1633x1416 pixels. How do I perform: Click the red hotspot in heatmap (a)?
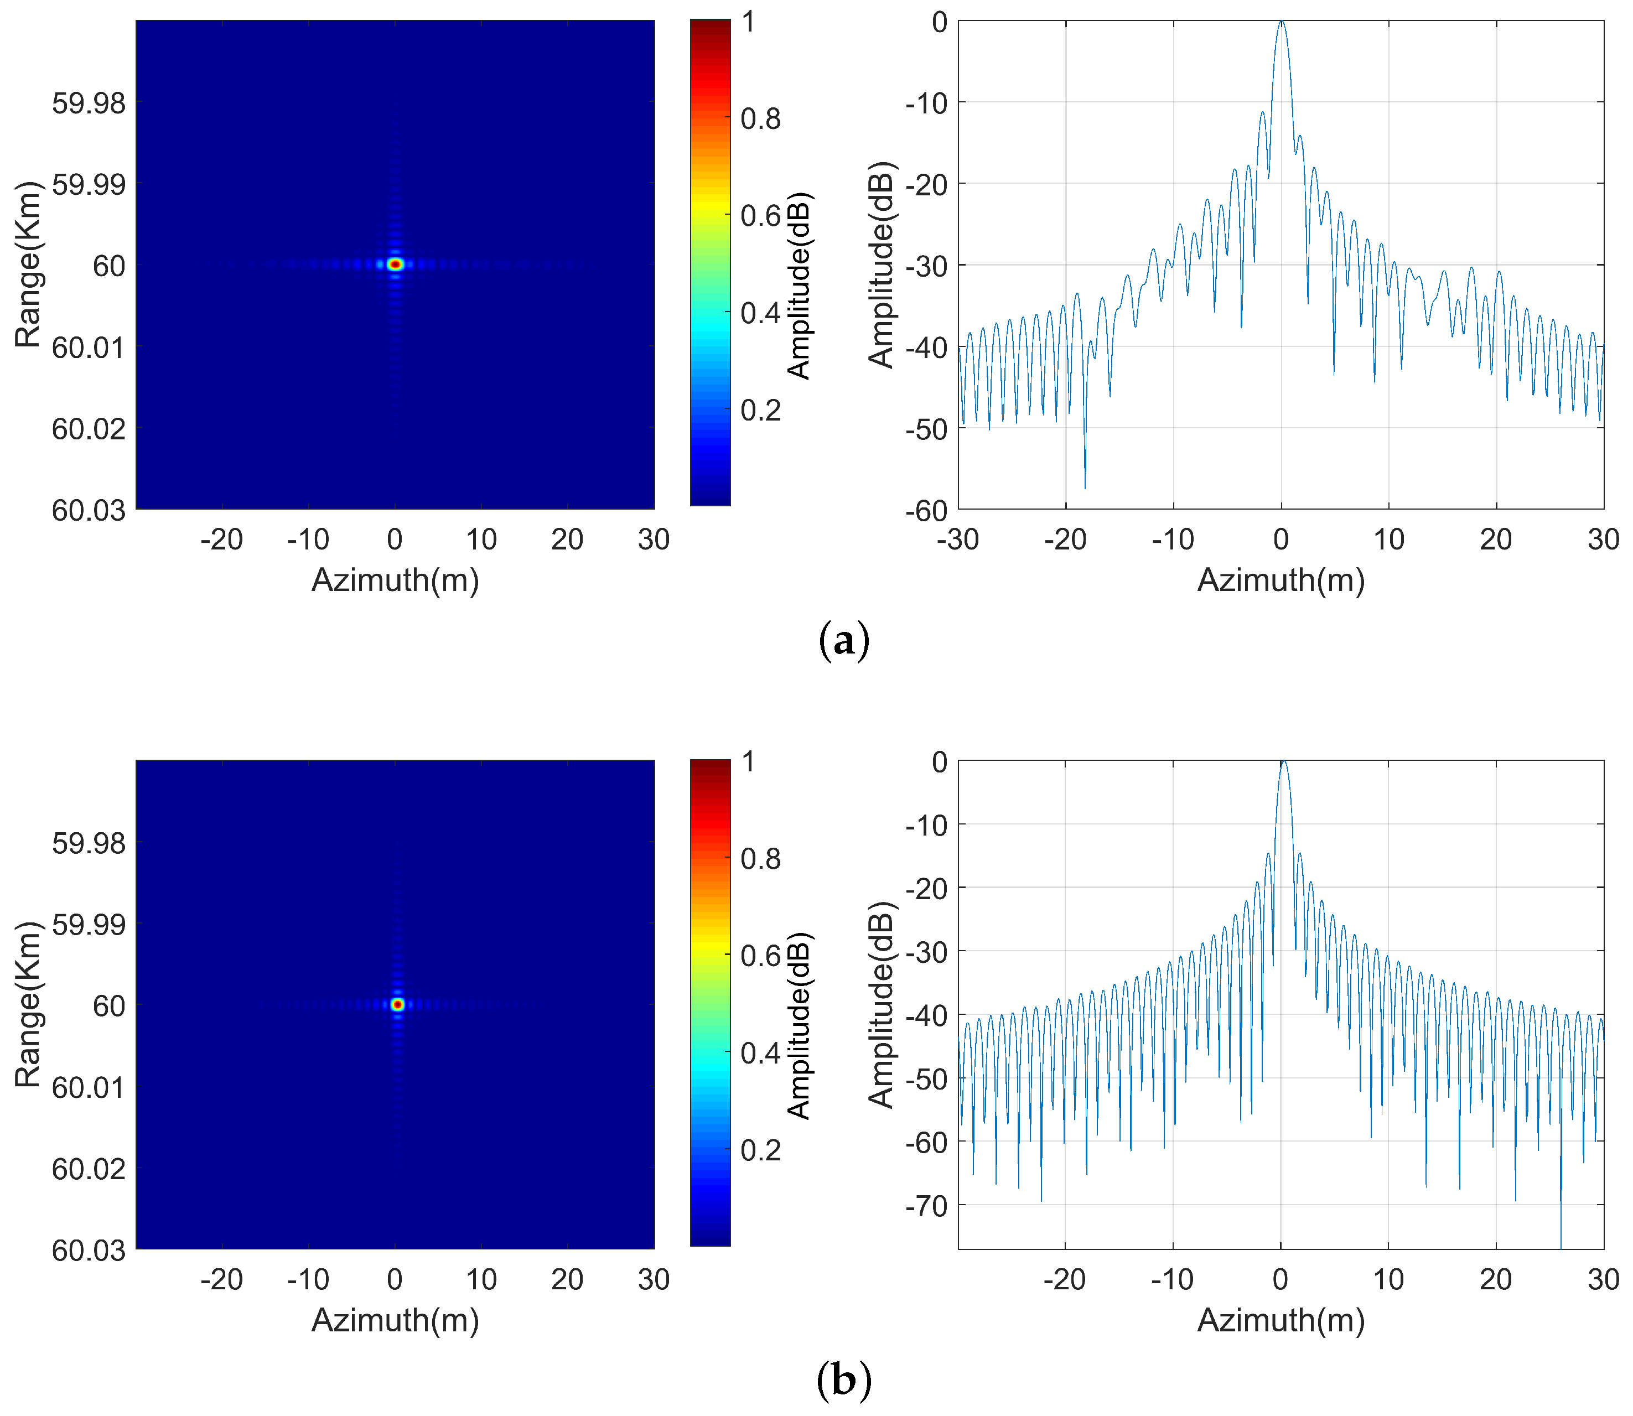point(396,264)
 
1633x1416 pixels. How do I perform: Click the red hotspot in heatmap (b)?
point(397,1004)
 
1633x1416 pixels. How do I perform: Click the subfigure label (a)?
point(844,641)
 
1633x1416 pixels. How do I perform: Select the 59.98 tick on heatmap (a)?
point(89,103)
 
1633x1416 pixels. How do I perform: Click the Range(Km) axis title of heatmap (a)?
point(28,264)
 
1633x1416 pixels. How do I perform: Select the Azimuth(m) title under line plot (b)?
point(1281,1320)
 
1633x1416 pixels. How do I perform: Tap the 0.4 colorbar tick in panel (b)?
point(760,1052)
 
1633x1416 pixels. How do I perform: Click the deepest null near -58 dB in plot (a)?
point(1085,487)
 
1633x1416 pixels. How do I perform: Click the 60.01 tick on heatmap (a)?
point(89,347)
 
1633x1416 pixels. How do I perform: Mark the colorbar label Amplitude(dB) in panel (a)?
point(800,286)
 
